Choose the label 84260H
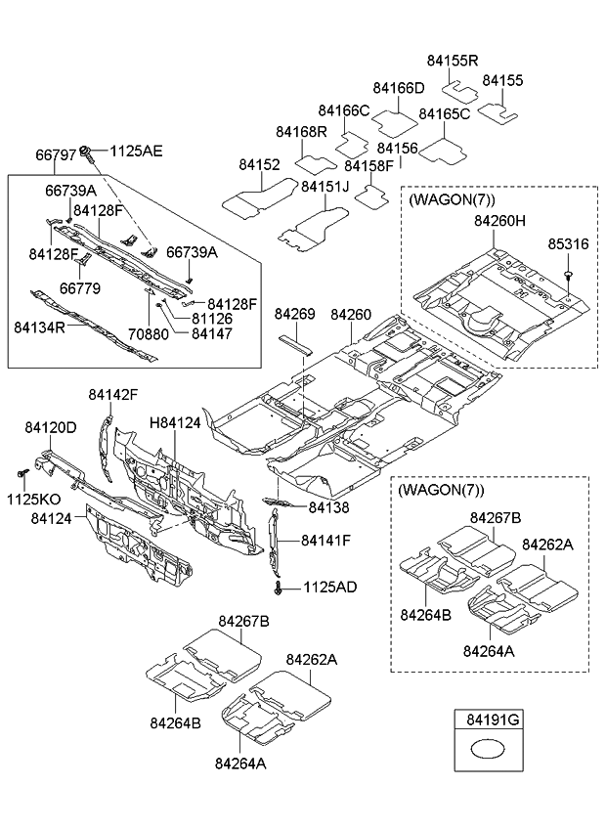coord(499,222)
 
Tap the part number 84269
coord(294,315)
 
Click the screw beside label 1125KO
coord(21,473)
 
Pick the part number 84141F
coord(325,540)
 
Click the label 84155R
coord(454,61)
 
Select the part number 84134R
coord(39,327)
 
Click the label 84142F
coord(112,394)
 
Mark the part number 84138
coord(327,507)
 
